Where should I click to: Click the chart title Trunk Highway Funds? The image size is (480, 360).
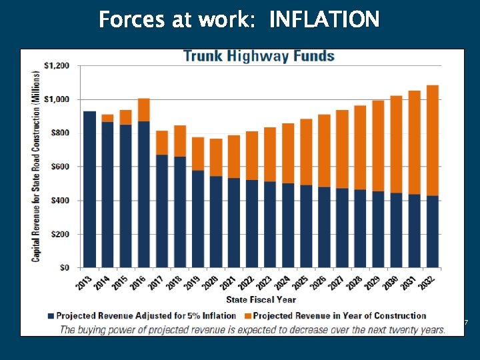[x=259, y=56]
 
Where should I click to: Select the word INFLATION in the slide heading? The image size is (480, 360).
[x=324, y=20]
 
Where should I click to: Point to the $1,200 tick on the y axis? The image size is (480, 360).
[x=56, y=65]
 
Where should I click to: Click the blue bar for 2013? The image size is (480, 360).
[x=89, y=190]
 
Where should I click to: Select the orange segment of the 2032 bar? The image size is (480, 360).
[x=432, y=140]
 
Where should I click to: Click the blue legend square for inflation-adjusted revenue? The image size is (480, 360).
[x=51, y=316]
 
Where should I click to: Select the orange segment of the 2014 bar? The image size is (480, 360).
[x=107, y=118]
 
